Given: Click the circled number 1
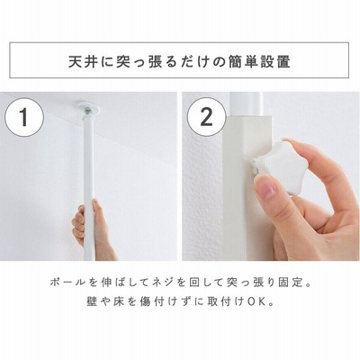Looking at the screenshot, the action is [24, 117].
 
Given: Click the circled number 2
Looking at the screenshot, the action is [206, 117].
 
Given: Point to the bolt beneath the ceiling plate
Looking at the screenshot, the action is [87, 112].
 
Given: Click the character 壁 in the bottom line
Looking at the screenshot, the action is [91, 301].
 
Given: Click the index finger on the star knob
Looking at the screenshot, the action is [309, 156].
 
